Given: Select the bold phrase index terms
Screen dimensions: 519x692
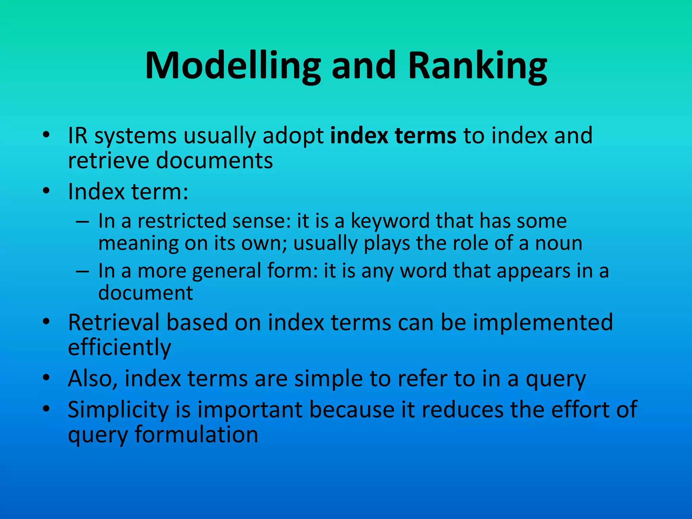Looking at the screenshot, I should pyautogui.click(x=393, y=135).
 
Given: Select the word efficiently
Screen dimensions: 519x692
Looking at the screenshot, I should pyautogui.click(x=120, y=348).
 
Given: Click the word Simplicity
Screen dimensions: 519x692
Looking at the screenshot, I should pyautogui.click(x=118, y=410).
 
